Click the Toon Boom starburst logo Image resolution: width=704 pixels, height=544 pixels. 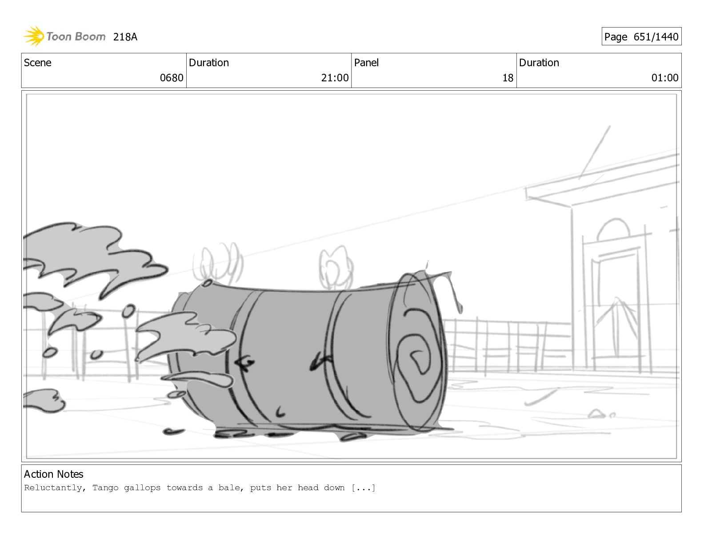34,36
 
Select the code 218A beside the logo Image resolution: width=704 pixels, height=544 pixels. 125,37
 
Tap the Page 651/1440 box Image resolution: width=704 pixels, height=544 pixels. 641,36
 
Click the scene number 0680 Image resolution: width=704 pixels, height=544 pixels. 172,78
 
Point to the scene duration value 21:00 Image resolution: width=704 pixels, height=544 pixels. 335,78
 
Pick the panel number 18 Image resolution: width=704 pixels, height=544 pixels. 508,78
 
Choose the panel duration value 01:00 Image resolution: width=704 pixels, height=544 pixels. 665,78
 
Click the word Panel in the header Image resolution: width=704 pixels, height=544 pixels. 366,63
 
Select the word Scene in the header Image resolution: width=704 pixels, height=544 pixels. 38,63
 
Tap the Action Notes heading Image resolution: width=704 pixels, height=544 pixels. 53,474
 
